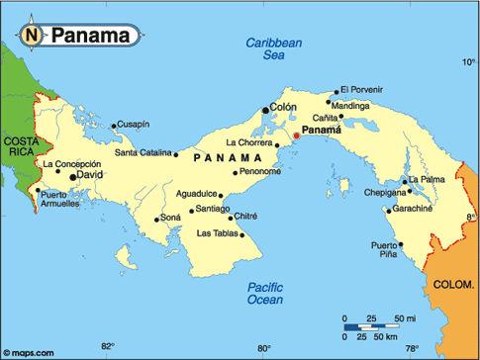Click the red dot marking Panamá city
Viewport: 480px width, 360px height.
coord(295,135)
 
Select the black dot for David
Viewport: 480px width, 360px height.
coord(72,177)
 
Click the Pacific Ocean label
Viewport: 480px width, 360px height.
coord(265,292)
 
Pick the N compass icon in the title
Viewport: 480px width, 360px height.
coord(32,37)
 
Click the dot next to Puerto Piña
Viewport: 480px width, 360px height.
coord(401,244)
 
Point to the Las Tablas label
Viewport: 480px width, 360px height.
coord(218,233)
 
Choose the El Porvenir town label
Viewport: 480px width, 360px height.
coord(361,90)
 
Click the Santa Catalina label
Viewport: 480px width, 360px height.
coord(143,153)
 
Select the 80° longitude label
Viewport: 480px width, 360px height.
coord(264,347)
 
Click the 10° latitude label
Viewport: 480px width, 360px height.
coord(468,61)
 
